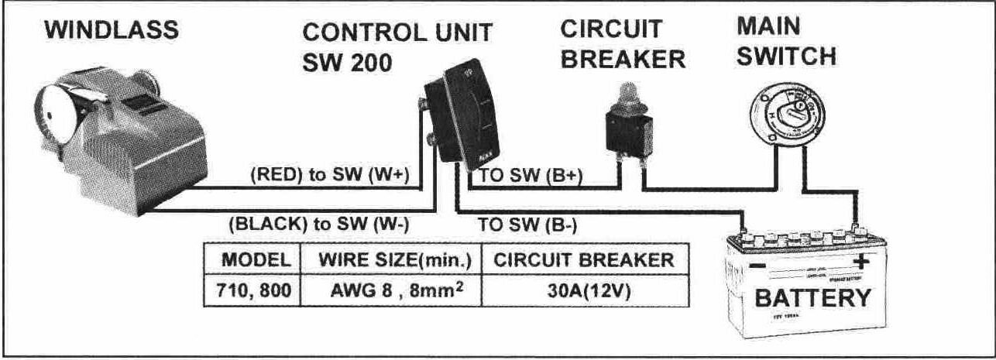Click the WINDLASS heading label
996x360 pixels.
coord(112,31)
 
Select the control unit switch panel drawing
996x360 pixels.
coord(465,116)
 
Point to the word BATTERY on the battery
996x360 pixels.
coord(812,297)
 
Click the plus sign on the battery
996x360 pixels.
coord(860,262)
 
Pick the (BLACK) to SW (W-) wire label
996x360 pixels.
coord(319,225)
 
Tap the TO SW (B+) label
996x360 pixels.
coord(531,176)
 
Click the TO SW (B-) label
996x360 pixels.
coord(527,225)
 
